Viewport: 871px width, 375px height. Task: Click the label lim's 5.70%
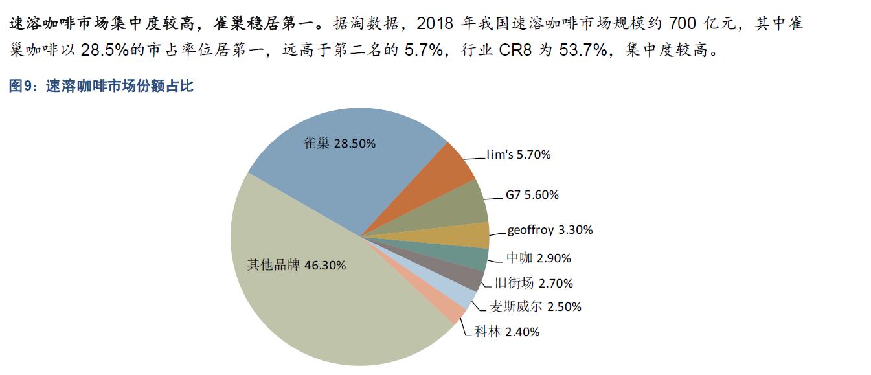coord(518,155)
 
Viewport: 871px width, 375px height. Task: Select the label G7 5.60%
coord(532,195)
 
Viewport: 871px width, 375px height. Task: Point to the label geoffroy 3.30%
coord(550,230)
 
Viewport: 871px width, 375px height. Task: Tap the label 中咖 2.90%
coord(538,258)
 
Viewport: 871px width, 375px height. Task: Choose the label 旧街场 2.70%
coord(533,283)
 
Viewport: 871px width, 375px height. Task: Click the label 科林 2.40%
coord(507,332)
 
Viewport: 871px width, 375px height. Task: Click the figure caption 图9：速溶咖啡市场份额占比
coord(101,86)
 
